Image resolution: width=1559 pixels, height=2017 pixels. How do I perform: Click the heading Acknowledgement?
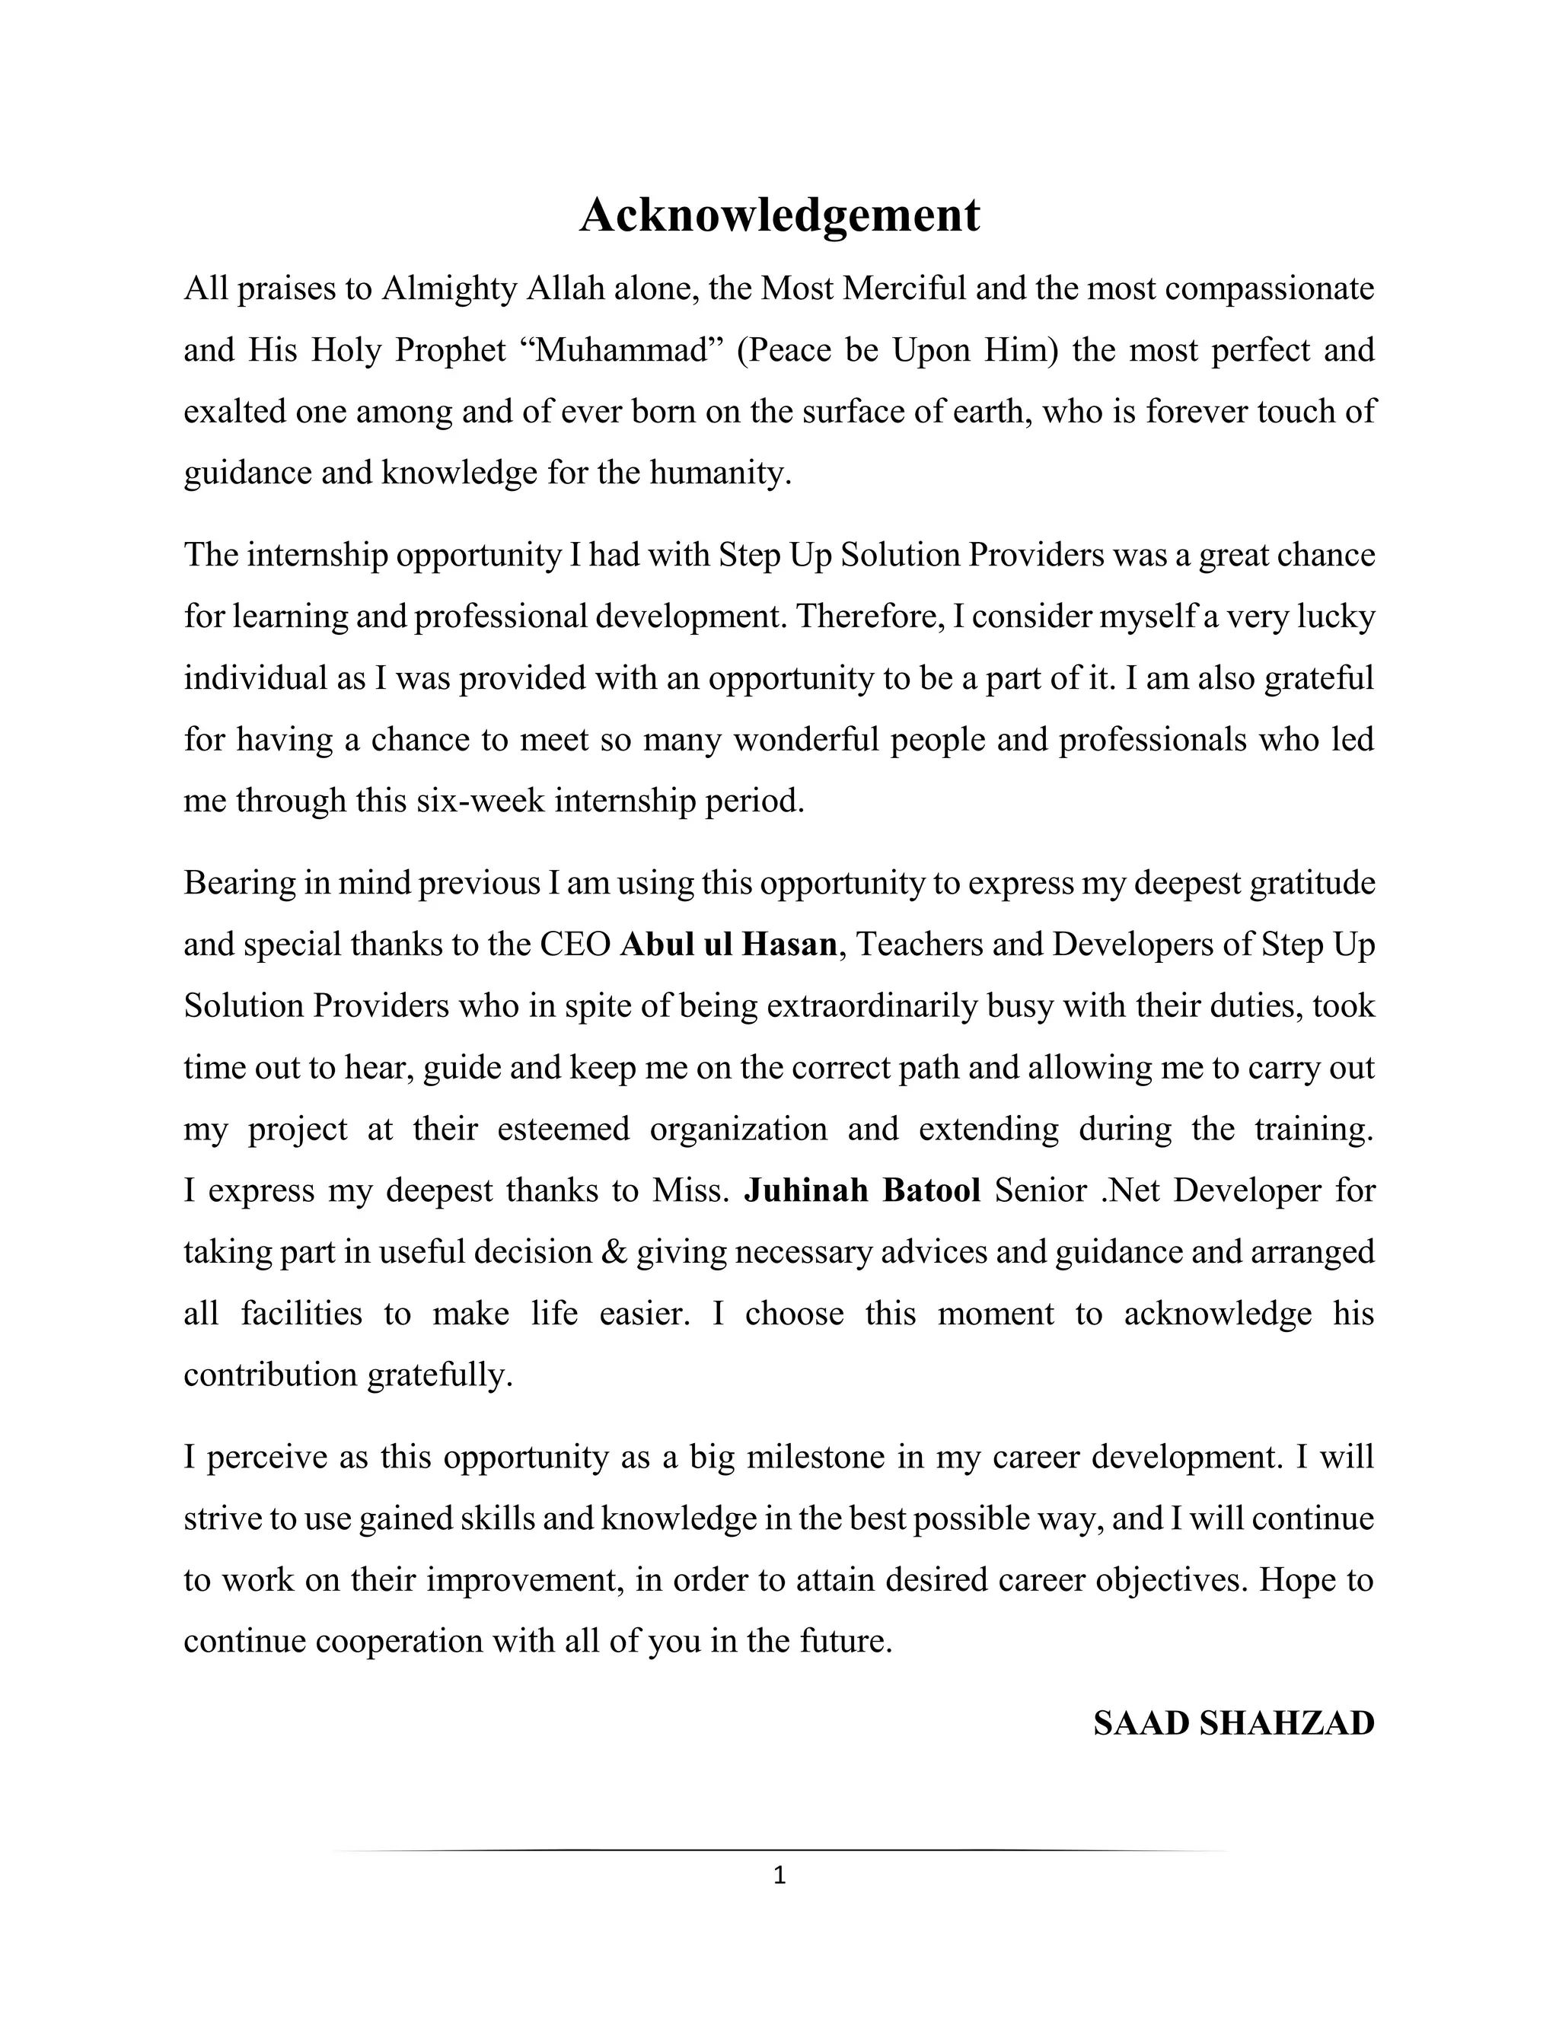pyautogui.click(x=779, y=215)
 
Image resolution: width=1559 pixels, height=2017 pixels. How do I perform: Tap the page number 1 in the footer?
pyautogui.click(x=779, y=1875)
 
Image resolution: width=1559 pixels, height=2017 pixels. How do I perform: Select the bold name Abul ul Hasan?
pyautogui.click(x=728, y=945)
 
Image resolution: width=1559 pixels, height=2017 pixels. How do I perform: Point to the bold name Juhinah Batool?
pyautogui.click(x=862, y=1190)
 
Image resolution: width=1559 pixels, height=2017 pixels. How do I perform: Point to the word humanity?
pyautogui.click(x=719, y=473)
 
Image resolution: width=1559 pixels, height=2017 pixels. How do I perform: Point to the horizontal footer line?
pyautogui.click(x=779, y=1852)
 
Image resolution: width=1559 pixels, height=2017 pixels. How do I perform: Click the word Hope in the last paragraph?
pyautogui.click(x=1296, y=1580)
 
